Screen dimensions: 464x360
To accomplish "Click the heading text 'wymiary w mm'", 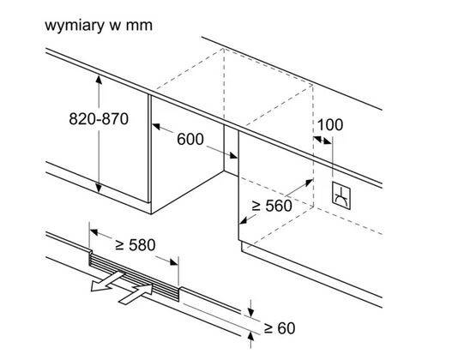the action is click(99, 26).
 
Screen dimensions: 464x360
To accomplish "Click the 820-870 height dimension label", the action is click(99, 119).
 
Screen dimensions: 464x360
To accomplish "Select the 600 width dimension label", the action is click(190, 139).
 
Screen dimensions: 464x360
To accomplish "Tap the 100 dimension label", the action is click(330, 124).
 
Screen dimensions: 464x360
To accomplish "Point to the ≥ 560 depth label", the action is click(272, 206).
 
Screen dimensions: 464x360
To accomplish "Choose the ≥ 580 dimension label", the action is click(136, 245).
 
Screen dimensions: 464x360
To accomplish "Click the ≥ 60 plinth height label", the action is click(280, 328).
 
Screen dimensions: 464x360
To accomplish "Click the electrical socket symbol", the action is click(341, 195).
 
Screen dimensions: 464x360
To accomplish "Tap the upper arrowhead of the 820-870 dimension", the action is click(99, 79).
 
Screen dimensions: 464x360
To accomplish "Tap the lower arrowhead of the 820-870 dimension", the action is click(99, 188).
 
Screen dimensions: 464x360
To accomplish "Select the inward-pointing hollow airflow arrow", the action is click(136, 293).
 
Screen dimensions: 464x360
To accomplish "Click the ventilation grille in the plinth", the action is click(134, 277).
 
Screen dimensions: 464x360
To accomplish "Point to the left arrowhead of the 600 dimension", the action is click(156, 126).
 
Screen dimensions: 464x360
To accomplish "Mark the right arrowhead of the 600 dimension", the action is click(233, 155).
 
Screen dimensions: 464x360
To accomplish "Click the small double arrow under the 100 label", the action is click(322, 140).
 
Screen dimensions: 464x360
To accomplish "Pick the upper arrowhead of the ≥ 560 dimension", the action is click(309, 183).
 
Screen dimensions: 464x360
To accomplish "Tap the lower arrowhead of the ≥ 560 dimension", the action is click(244, 220).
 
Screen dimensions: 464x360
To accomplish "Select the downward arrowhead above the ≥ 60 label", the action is click(250, 312).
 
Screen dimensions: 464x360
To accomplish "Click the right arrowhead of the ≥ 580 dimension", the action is click(174, 261).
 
